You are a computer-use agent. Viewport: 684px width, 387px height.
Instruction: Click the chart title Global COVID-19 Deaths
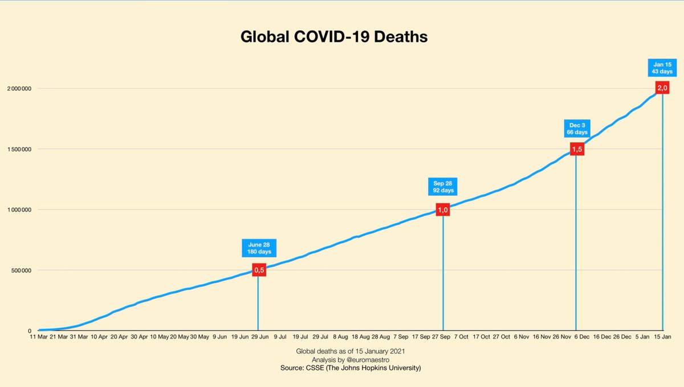coord(334,38)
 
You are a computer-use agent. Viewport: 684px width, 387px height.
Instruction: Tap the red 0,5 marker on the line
coord(258,270)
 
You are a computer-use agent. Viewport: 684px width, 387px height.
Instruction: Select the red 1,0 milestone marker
coord(443,210)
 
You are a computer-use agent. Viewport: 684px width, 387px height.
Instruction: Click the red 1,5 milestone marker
coord(576,149)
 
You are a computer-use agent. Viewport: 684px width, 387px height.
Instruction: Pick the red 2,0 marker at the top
coord(662,87)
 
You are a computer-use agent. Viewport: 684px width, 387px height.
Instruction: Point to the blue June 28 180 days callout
coord(258,248)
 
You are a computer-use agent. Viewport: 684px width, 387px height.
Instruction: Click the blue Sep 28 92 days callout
coord(443,187)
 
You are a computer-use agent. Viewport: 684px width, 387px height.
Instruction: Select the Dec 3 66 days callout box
coord(576,128)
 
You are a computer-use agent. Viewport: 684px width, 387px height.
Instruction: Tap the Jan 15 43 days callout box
coord(662,67)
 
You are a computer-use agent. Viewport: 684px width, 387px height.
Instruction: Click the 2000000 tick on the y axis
coord(18,88)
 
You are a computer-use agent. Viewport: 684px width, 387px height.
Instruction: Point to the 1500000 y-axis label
coord(18,149)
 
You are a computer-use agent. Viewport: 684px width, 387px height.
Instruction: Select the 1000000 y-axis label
coord(18,209)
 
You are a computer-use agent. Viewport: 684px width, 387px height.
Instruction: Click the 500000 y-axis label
coord(20,270)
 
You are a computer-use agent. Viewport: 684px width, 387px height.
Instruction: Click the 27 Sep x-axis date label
coord(438,337)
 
